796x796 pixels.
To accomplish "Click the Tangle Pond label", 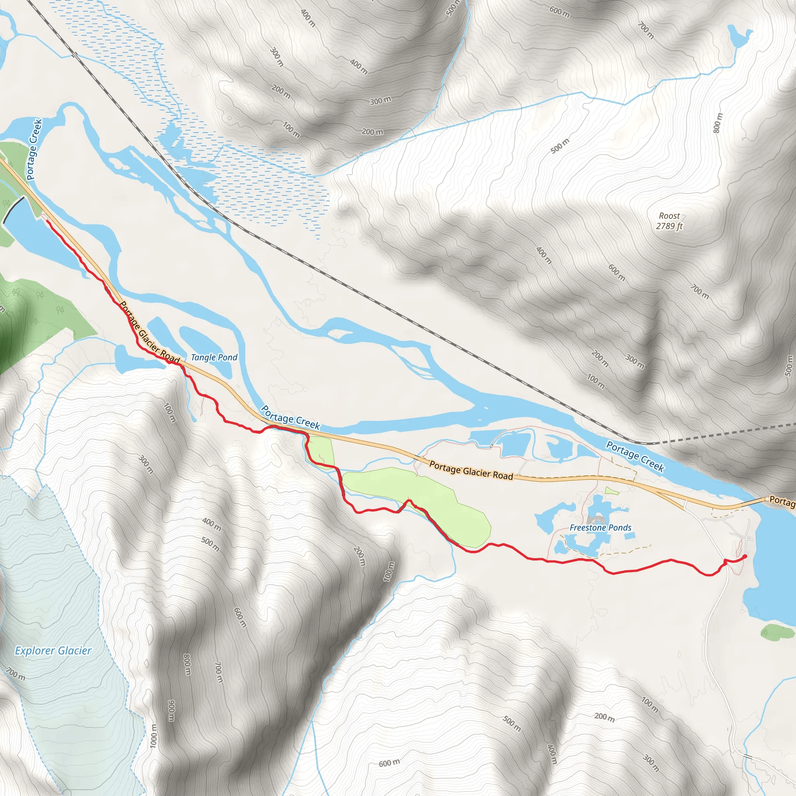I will point(214,357).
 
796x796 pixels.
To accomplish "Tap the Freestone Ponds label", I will point(600,527).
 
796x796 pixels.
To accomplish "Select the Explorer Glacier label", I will point(53,651).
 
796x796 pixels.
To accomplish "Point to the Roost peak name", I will point(669,216).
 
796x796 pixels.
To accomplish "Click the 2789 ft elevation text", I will point(669,226).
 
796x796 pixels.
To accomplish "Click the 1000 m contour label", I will point(153,736).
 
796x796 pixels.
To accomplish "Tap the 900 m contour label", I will point(171,711).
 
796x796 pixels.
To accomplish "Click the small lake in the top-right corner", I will point(739,36).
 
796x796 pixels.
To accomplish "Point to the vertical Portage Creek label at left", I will point(34,149).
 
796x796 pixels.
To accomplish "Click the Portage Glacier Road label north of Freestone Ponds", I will point(471,471).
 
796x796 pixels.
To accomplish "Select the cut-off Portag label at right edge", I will point(782,501).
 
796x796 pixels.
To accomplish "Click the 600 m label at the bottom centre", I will point(389,763).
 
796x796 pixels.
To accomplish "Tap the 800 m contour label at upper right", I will point(717,123).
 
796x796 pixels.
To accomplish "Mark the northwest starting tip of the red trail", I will point(47,221).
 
